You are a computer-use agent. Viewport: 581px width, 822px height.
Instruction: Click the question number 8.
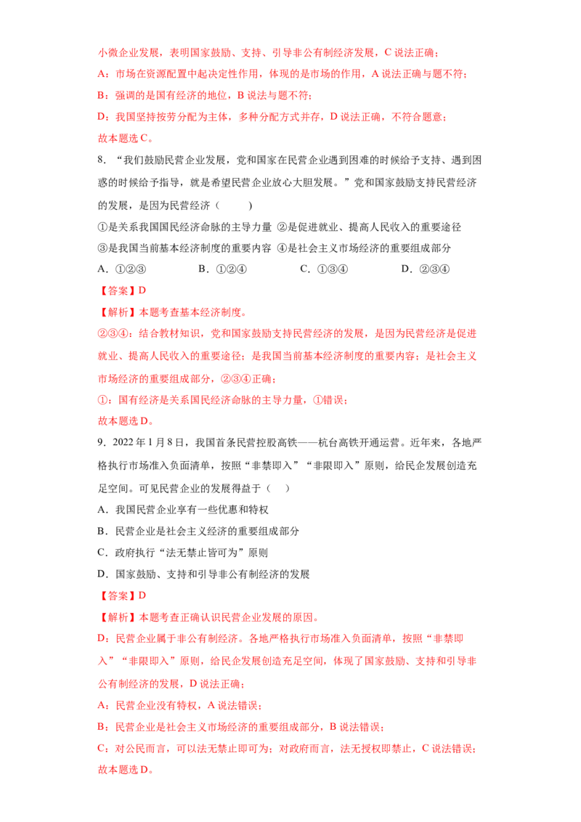[102, 160]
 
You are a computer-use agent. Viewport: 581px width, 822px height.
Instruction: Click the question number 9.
[102, 443]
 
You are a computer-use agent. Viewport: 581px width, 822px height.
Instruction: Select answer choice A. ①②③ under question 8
[122, 269]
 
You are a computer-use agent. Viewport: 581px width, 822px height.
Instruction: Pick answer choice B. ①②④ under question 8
[222, 269]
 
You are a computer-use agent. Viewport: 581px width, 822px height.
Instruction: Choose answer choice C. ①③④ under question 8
[324, 269]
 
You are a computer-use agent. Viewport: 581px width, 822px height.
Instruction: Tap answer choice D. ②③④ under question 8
[426, 269]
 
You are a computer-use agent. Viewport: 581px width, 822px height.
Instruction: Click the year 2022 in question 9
[123, 443]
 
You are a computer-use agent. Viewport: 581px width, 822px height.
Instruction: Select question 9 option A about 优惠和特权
[183, 510]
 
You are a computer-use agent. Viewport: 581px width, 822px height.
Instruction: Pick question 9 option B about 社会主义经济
[198, 532]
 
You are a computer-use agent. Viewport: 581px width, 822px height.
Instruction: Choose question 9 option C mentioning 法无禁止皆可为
[183, 553]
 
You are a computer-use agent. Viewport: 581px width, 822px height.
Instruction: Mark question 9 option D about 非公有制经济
[203, 574]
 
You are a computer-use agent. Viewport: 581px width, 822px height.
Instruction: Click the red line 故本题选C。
[126, 139]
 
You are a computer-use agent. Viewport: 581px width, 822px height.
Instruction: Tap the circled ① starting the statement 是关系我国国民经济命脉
[103, 227]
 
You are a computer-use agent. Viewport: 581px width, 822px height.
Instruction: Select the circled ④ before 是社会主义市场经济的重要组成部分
[282, 248]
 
